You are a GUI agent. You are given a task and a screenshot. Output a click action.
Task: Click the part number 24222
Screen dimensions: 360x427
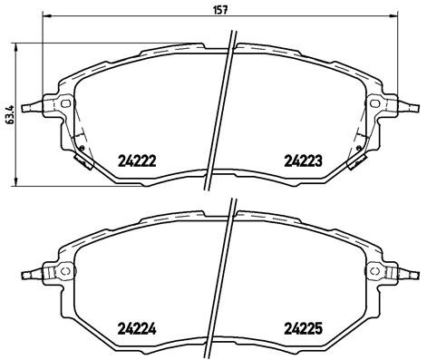[x=137, y=161]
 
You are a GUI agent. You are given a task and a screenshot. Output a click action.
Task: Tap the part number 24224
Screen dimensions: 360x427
[x=137, y=329]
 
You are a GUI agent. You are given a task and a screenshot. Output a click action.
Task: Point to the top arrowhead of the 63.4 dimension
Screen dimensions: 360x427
[x=21, y=45]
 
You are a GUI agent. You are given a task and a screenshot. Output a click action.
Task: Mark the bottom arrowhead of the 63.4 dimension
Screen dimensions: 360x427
[x=21, y=182]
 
